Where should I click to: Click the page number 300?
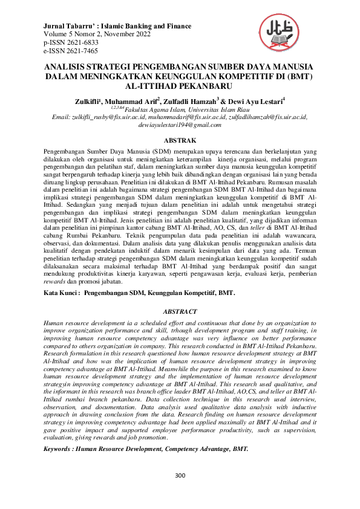[x=180, y=475]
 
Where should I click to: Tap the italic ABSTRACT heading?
[x=180, y=311]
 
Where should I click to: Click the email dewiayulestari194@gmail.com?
[x=180, y=124]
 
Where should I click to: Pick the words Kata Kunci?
[x=61, y=293]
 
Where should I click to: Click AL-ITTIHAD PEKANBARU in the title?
[x=180, y=86]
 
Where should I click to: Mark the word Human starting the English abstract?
[x=56, y=323]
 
